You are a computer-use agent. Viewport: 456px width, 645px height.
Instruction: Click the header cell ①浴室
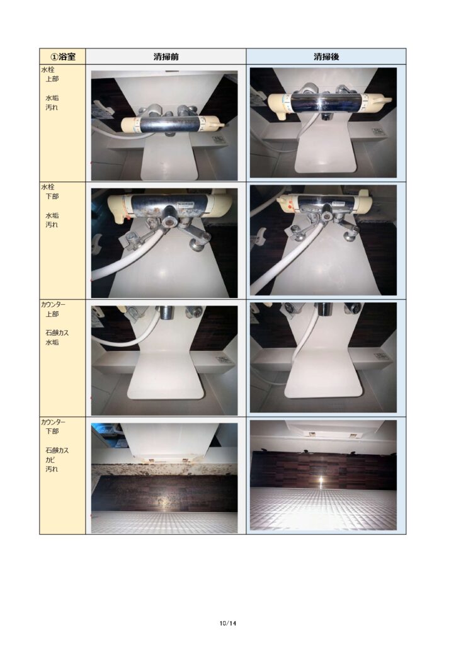tap(62, 56)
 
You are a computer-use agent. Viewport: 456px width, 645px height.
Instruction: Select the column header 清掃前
tap(166, 57)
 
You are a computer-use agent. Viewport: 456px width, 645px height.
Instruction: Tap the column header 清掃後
tap(326, 57)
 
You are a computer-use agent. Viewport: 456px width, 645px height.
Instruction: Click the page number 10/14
tap(228, 623)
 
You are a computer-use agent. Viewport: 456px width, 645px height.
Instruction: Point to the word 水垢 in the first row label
tap(52, 98)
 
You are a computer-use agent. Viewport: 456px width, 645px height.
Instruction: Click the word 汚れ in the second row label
tap(52, 225)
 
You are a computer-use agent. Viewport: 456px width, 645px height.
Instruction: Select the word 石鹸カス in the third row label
tap(57, 333)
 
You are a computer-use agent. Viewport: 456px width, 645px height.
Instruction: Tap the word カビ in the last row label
tap(50, 460)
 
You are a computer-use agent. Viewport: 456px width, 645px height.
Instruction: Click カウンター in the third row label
tap(53, 304)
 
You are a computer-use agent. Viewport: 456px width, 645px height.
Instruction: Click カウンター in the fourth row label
tap(53, 422)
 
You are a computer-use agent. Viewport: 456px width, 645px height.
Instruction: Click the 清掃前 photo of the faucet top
tap(164, 125)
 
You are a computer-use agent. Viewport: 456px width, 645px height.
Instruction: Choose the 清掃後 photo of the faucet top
tap(323, 123)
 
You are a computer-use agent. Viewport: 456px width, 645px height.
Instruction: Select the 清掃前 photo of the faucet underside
tap(164, 243)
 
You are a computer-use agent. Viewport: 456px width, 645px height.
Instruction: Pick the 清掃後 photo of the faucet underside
tap(323, 240)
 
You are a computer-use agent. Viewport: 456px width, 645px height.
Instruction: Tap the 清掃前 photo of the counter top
tap(164, 360)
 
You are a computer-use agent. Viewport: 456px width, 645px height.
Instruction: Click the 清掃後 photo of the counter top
tap(323, 358)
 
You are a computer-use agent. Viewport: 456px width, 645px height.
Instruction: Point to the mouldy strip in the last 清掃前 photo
tap(164, 470)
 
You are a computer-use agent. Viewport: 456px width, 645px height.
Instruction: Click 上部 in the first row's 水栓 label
tap(52, 79)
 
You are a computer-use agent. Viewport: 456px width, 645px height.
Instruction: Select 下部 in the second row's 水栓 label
tap(52, 197)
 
